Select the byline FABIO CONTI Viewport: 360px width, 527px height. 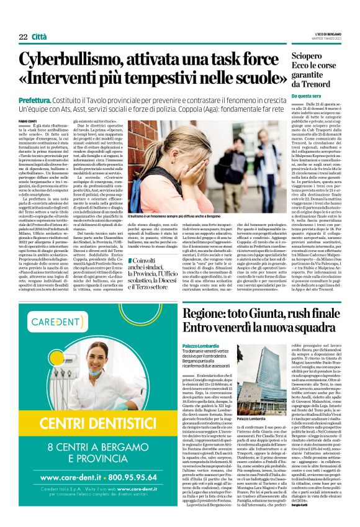28,120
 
